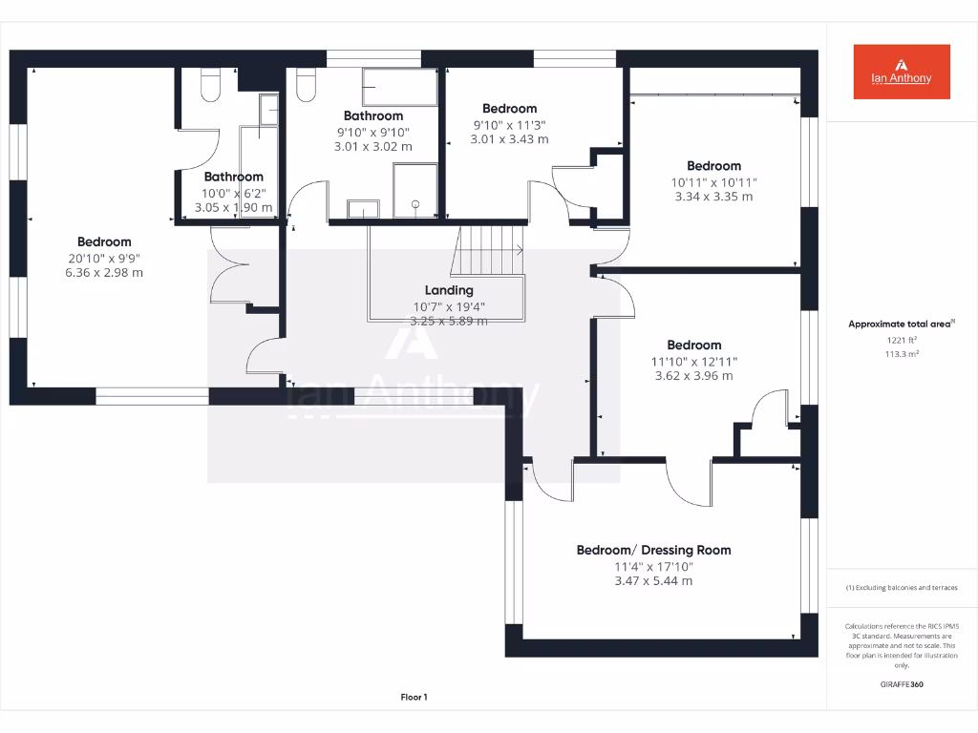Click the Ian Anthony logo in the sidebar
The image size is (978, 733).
(902, 72)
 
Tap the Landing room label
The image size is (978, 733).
(449, 290)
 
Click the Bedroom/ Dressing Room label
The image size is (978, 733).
(653, 550)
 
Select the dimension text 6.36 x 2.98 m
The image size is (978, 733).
(104, 273)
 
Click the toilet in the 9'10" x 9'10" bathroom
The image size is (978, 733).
(307, 85)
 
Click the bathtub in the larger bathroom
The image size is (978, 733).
(399, 88)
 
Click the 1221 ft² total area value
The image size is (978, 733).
(902, 340)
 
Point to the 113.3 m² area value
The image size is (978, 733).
(902, 354)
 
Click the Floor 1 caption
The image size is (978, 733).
(414, 698)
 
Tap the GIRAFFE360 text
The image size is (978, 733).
(902, 684)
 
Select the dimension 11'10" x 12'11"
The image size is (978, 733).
(694, 361)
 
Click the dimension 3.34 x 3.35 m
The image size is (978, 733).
(713, 197)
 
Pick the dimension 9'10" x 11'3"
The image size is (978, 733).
(509, 124)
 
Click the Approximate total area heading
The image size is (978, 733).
(900, 325)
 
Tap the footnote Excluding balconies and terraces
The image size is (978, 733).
(902, 588)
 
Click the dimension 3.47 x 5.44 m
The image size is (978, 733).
(653, 580)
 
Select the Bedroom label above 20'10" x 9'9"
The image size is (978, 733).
(104, 241)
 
